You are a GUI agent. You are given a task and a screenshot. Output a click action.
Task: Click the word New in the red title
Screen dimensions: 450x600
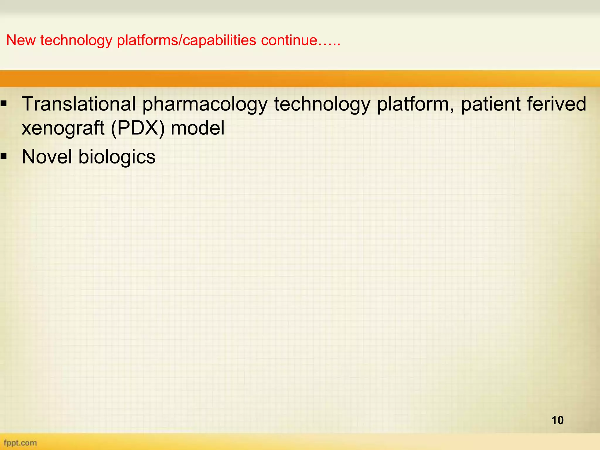point(21,40)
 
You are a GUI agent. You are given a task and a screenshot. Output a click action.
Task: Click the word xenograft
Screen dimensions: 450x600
point(63,128)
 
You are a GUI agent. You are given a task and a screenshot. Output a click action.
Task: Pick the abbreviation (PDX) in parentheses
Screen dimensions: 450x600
point(138,128)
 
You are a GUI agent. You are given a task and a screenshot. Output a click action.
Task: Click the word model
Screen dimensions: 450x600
point(197,128)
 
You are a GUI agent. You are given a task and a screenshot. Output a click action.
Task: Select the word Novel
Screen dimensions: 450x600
point(47,156)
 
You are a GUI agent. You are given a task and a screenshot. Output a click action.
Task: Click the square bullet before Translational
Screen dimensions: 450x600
point(4,103)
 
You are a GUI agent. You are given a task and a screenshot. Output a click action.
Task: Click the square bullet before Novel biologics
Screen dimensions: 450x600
point(4,157)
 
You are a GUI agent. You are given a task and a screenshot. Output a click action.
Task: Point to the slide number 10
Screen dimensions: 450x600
point(557,420)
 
